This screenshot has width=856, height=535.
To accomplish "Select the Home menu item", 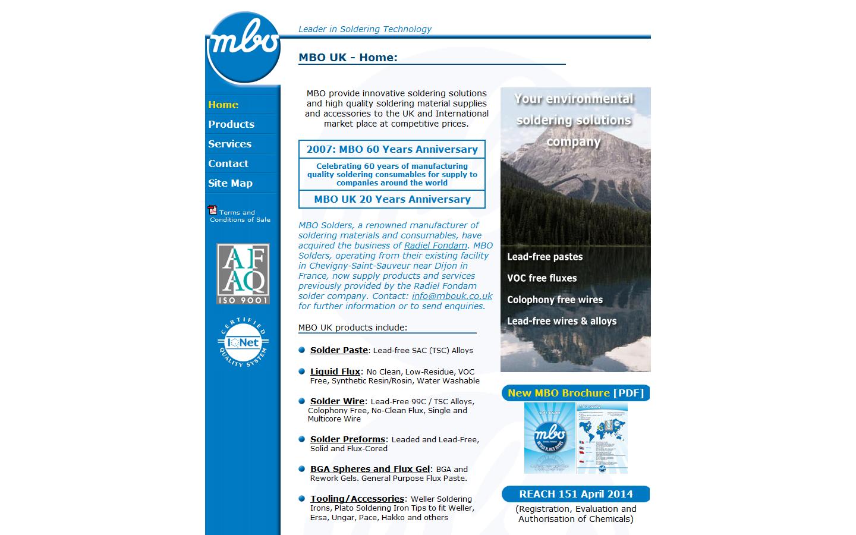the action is pos(223,105).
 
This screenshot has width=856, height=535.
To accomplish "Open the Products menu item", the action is pos(231,124).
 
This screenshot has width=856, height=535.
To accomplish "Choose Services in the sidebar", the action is pos(229,144).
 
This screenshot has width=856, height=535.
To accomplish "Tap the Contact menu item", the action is pos(228,163).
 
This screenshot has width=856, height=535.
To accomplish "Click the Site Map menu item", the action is pos(230,183).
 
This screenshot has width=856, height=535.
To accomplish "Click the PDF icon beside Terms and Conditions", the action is pos(212,210).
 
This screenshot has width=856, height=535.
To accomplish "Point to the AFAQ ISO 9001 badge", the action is pos(243,273).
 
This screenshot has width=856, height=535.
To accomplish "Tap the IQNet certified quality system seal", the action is pos(243,342).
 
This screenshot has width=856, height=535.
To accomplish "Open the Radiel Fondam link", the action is pos(435,246).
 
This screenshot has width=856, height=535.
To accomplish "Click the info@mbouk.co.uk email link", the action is pos(452,296).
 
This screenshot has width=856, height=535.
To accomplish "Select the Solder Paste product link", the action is pos(339,350).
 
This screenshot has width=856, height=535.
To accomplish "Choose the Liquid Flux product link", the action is pos(335,372).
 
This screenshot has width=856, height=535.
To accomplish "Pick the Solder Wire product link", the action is pos(337,401).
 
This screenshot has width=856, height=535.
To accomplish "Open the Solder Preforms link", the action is pos(348,439).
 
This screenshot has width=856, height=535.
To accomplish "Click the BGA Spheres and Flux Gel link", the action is pos(370,469).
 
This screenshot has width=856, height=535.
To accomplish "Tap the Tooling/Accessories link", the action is pos(357,499).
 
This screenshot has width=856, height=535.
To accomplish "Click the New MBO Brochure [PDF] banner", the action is pos(575,393).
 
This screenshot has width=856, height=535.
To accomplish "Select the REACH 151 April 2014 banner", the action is pos(575,494).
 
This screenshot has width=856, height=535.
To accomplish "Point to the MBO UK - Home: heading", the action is pos(348,58).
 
